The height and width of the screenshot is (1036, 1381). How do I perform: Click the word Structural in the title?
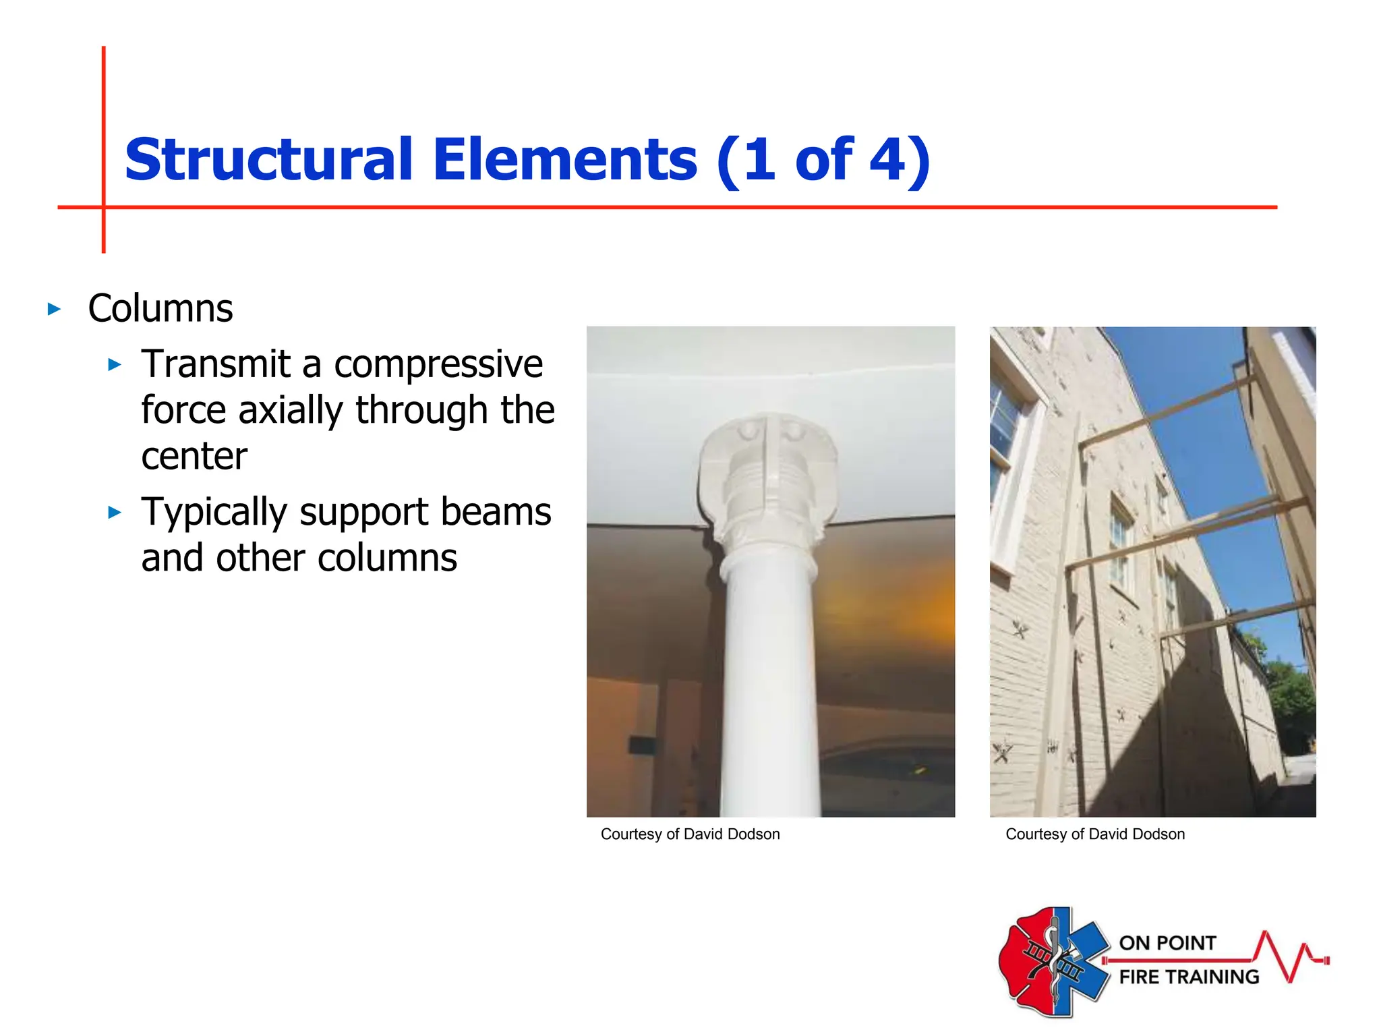(268, 160)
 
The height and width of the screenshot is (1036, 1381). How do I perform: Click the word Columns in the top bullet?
(160, 309)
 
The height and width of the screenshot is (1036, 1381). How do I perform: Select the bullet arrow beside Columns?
(54, 310)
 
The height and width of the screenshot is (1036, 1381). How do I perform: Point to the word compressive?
(438, 364)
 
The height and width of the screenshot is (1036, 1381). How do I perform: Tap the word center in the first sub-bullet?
(194, 457)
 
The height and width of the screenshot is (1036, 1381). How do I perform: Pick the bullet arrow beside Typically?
(115, 513)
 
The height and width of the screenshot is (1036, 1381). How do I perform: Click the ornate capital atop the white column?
(769, 472)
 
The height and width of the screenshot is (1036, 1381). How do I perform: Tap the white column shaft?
(771, 674)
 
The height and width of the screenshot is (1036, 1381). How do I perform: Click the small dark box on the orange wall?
(641, 745)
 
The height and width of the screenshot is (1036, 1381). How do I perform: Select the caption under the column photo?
(690, 834)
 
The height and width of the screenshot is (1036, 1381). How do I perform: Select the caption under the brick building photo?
(1094, 834)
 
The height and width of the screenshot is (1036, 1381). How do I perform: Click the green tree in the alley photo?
(1291, 695)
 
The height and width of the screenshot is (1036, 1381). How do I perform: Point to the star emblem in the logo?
(1054, 961)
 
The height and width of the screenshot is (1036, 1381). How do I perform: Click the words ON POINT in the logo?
(1167, 943)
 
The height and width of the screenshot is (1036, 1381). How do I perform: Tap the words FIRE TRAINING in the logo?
(1189, 977)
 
